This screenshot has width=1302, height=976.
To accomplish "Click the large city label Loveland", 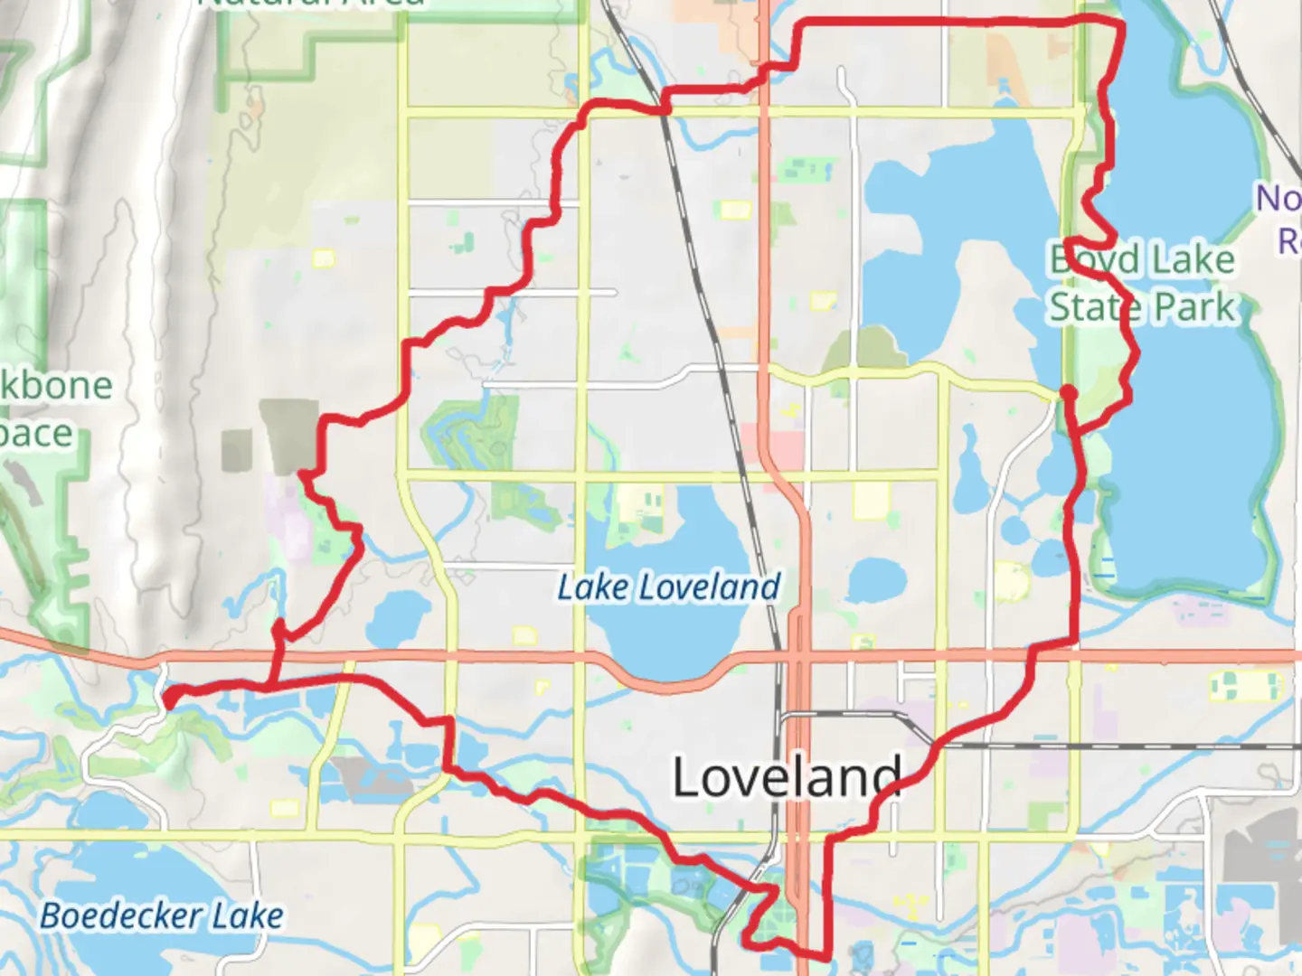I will pyautogui.click(x=787, y=776).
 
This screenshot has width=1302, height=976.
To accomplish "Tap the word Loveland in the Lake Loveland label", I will pyautogui.click(x=711, y=587).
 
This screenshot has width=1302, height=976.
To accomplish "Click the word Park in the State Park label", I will pyautogui.click(x=1193, y=307).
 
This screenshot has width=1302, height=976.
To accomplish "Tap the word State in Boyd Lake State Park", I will pyautogui.click(x=1092, y=307).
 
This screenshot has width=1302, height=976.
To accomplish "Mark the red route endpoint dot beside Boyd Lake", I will pyautogui.click(x=1068, y=393).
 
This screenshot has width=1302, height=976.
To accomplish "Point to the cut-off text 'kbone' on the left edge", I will pyautogui.click(x=56, y=386).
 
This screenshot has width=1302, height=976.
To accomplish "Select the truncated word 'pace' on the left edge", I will pyautogui.click(x=36, y=434).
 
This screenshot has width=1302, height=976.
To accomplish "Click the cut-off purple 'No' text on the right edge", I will pyautogui.click(x=1278, y=198).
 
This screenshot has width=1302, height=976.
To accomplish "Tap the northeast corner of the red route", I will pyautogui.click(x=1122, y=23).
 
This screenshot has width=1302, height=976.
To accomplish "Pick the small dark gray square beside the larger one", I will pyautogui.click(x=237, y=449).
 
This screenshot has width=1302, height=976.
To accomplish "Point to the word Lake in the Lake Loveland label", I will pyautogui.click(x=593, y=587).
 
